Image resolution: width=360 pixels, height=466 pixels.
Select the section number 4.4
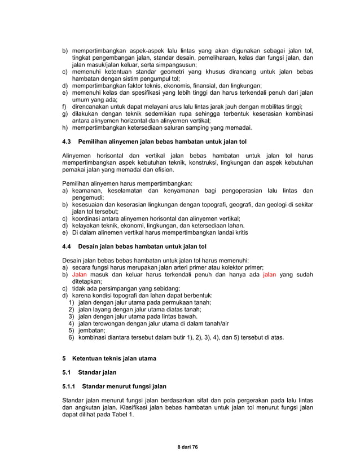[67, 247]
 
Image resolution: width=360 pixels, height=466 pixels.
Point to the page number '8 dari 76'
[179, 447]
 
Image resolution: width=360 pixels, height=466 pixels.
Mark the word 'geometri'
[172, 73]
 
